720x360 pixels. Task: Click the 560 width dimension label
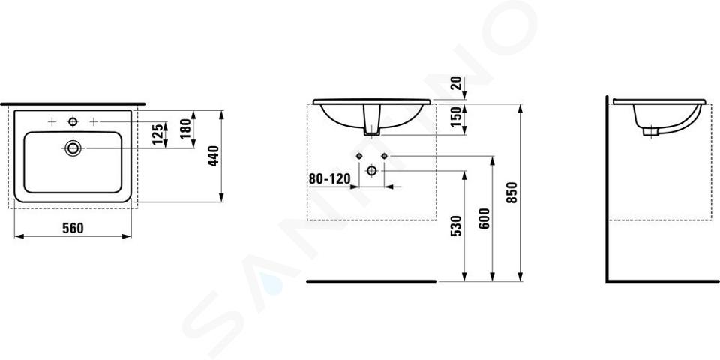pos(73,228)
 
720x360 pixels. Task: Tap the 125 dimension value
pos(157,134)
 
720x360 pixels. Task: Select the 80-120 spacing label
pos(329,178)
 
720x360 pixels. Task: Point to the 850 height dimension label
pos(513,193)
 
